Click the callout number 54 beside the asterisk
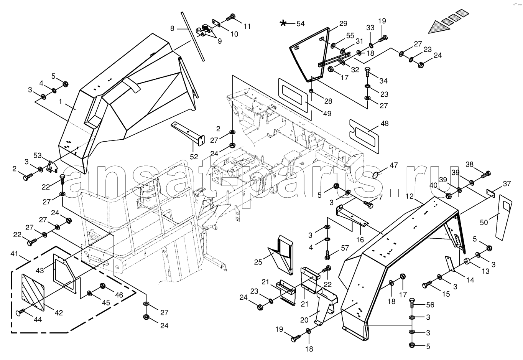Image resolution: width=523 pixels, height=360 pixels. pos(300,24)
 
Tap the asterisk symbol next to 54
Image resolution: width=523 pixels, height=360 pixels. pos(283,24)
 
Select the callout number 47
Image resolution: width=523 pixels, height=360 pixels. pos(394,165)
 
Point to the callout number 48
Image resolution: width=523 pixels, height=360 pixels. pos(384,124)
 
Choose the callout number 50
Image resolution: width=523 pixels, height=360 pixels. pos(484,222)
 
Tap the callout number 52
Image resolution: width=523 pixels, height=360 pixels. pos(194,156)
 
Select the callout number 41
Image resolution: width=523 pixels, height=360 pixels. pos(14,254)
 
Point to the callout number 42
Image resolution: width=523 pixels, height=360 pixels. pos(58,312)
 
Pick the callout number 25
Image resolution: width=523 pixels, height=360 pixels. pos(258,262)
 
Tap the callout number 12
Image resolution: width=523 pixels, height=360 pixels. pos(410,197)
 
